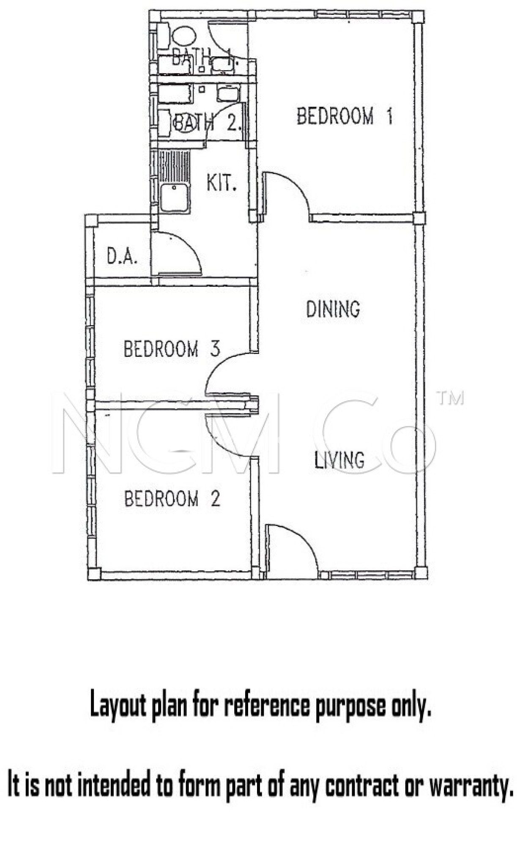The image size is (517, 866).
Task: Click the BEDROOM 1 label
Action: point(345,116)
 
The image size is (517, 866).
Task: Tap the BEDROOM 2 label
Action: point(172,499)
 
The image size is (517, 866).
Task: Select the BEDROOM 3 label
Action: point(172,349)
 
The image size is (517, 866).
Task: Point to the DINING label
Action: point(333,309)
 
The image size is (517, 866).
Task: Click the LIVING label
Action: point(339,460)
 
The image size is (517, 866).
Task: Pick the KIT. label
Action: point(221,183)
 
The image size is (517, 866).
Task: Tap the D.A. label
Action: point(122,256)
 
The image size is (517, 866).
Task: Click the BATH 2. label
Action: point(207,123)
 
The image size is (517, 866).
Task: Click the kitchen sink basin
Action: point(175,197)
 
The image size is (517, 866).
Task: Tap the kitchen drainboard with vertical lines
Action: point(174,166)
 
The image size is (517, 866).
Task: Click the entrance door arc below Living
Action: point(301,538)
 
